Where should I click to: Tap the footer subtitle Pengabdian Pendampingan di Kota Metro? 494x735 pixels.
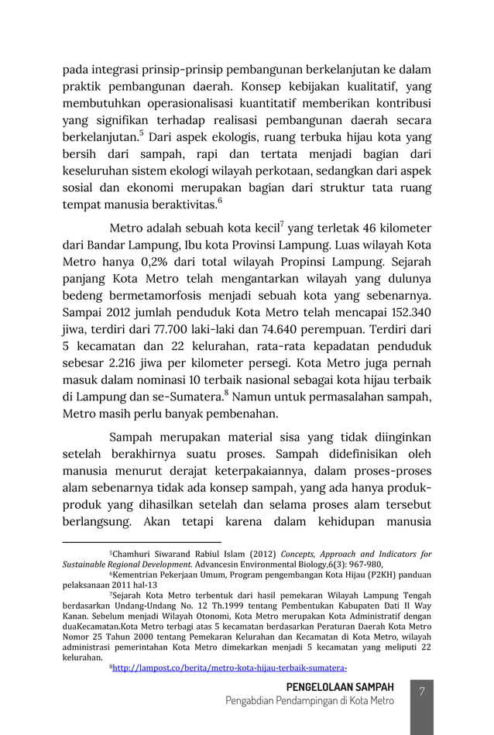point(309,701)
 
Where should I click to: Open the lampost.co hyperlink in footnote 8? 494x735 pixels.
point(229,665)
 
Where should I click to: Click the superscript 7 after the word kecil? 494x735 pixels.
point(281,225)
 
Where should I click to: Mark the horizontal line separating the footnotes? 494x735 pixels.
point(142,542)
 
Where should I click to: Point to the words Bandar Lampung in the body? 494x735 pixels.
point(128,246)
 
